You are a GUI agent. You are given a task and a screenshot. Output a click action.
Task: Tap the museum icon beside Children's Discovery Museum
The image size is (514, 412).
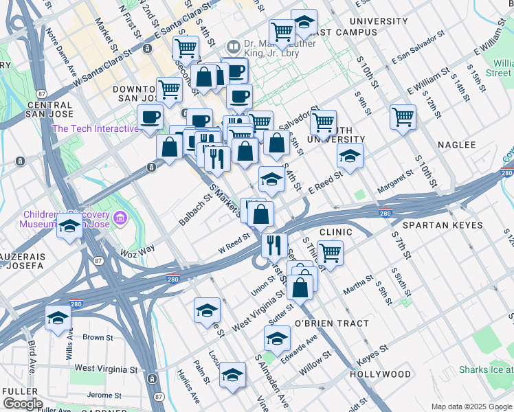tap(121, 219)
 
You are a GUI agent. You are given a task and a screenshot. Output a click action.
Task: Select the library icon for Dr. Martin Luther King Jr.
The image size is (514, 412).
tap(234, 47)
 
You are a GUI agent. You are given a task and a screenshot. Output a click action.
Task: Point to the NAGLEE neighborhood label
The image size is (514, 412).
tap(457, 145)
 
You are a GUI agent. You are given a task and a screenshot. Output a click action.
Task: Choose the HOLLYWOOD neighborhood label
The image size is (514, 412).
tap(380, 374)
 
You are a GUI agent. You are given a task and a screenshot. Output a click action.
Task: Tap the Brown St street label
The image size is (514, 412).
tap(97, 337)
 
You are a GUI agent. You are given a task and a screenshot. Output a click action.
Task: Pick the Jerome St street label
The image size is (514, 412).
tap(104, 396)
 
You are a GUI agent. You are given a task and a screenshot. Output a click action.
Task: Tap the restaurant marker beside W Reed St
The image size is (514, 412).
tap(274, 244)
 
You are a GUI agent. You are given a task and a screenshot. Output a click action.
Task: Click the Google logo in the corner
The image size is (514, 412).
tap(22, 404)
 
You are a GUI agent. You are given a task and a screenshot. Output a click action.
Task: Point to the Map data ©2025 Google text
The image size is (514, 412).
tap(471, 407)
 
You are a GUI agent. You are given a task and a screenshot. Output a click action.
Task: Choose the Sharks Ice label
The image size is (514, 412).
tap(487, 370)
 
